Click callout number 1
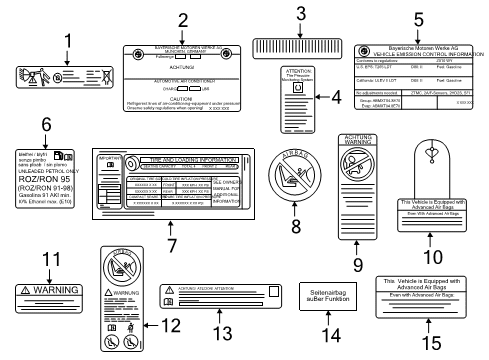click(x=67, y=41)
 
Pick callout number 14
click(x=322, y=340)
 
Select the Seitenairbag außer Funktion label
click(x=322, y=297)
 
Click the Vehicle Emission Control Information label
click(x=416, y=81)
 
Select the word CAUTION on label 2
click(x=181, y=99)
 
